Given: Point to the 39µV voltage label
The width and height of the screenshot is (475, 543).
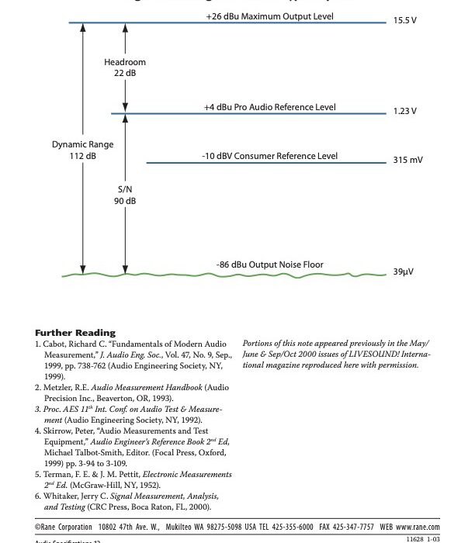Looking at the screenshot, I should (x=402, y=274).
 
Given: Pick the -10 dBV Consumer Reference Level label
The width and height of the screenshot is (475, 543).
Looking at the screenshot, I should (x=269, y=156).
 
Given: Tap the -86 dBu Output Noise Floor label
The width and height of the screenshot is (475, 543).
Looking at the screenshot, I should (x=269, y=265).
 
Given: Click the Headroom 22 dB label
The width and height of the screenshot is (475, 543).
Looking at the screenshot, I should (x=125, y=67).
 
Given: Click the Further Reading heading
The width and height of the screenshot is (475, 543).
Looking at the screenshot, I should (x=75, y=332).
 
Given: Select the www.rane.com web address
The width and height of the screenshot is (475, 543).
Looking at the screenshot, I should (x=418, y=525).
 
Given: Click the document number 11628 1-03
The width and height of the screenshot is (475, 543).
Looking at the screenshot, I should (x=421, y=538).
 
